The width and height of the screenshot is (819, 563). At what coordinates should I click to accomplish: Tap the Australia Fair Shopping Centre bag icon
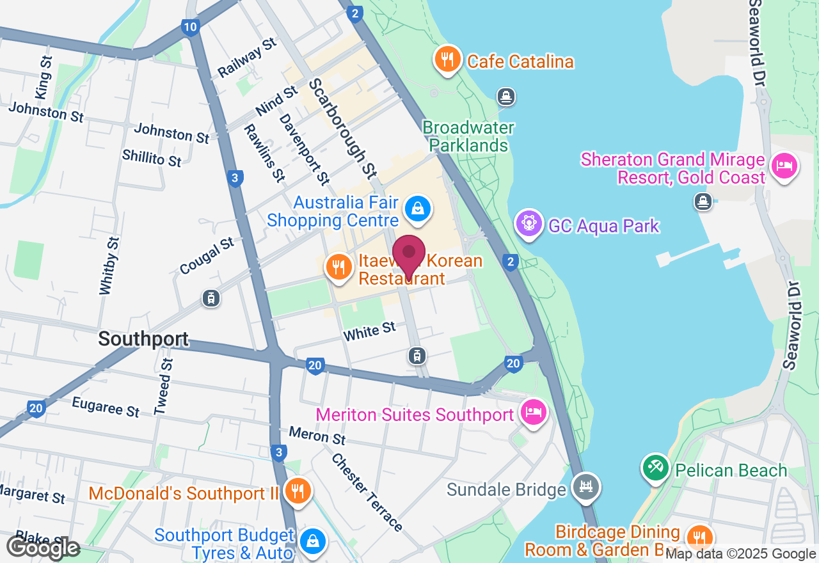pyautogui.click(x=417, y=209)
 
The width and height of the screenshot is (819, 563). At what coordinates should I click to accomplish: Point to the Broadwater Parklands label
pyautogui.click(x=468, y=136)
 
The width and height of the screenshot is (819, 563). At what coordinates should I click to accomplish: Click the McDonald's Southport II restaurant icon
pyautogui.click(x=297, y=491)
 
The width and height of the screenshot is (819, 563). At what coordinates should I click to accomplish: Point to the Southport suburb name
pyautogui.click(x=143, y=339)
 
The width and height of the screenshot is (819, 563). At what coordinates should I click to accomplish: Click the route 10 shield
pyautogui.click(x=189, y=27)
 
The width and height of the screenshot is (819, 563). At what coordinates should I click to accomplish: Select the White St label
pyautogui.click(x=369, y=331)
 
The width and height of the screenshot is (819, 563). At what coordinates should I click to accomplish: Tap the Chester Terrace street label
pyautogui.click(x=367, y=493)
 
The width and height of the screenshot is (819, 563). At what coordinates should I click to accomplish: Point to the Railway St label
pyautogui.click(x=247, y=58)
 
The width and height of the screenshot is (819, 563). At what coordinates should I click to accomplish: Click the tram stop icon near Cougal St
pyautogui.click(x=211, y=298)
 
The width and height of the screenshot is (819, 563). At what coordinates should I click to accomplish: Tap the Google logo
pyautogui.click(x=43, y=548)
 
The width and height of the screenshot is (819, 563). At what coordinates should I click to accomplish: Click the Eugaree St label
pyautogui.click(x=106, y=407)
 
